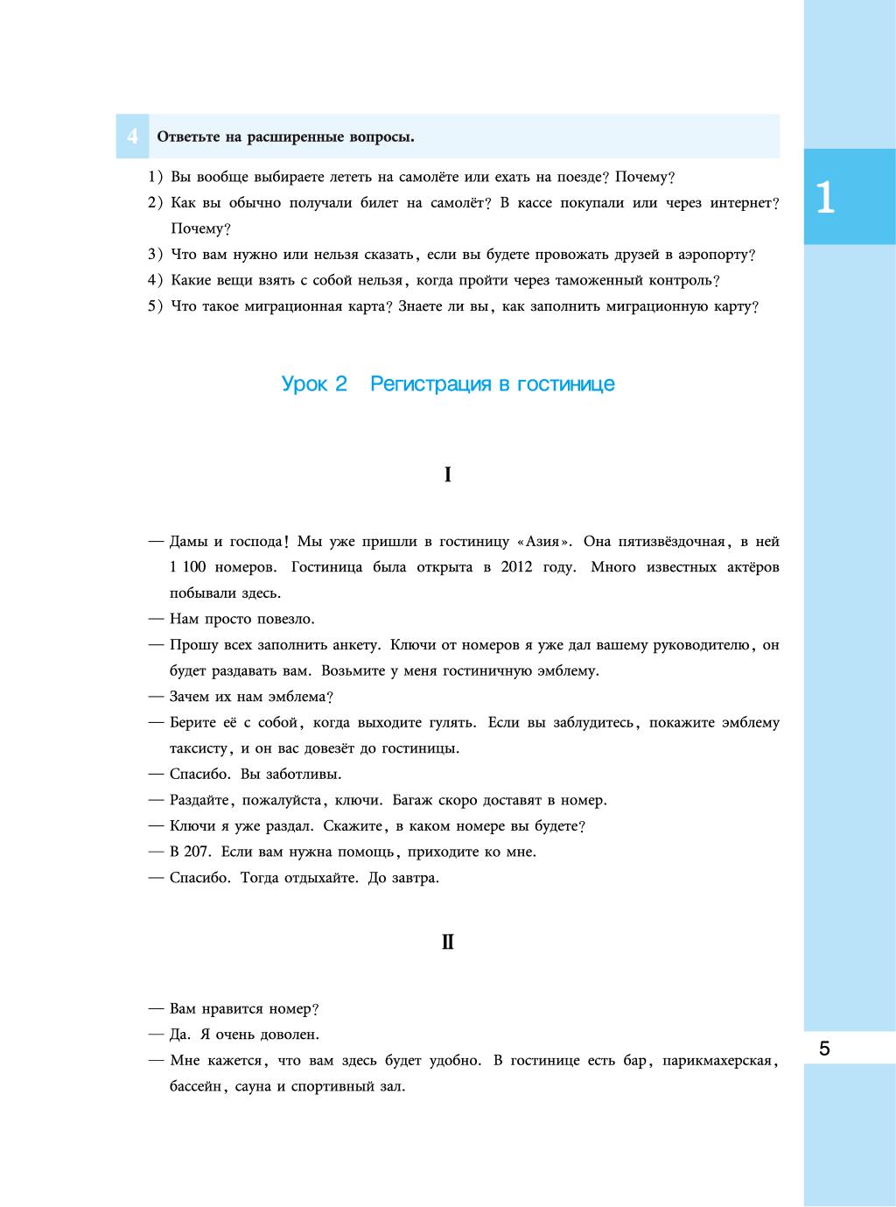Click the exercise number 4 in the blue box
tap(132, 137)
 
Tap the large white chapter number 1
tap(824, 198)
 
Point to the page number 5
tap(824, 1049)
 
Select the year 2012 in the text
tap(517, 567)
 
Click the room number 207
tap(198, 852)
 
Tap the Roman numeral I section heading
tap(447, 475)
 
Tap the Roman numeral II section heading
tap(447, 943)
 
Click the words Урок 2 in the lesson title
tap(314, 384)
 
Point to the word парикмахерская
tap(717, 1061)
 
